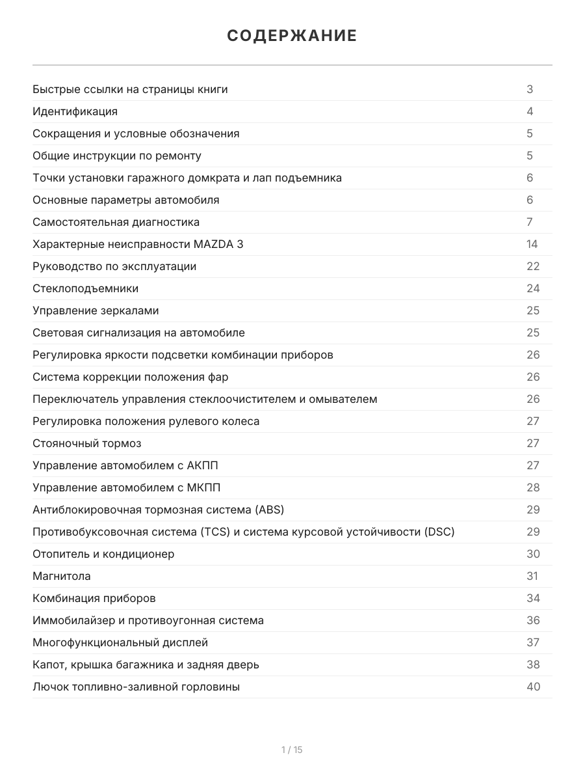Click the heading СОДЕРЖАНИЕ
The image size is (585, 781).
[292, 36]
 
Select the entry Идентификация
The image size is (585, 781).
[75, 111]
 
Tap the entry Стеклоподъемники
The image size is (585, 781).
[85, 288]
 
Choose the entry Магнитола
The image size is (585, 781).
[62, 576]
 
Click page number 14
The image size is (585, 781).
[532, 244]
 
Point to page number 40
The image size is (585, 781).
[533, 687]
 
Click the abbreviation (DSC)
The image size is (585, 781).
[439, 532]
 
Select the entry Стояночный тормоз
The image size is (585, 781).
[86, 443]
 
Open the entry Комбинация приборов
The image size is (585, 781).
[94, 598]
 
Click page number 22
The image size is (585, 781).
[533, 266]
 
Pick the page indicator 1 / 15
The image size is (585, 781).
[292, 750]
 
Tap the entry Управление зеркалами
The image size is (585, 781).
[96, 310]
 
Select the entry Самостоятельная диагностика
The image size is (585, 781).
[116, 222]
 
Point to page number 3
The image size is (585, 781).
[530, 89]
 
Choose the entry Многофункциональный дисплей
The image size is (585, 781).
[120, 642]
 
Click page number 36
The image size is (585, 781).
[533, 620]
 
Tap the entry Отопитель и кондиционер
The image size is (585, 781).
[103, 554]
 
